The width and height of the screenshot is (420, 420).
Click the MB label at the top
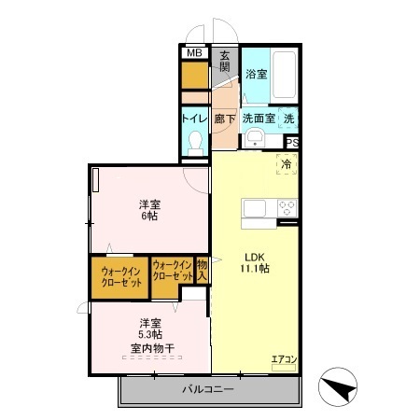(194, 53)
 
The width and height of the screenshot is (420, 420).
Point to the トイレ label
(193, 119)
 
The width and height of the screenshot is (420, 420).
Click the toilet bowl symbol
(195, 142)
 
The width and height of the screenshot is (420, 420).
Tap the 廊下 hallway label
(225, 119)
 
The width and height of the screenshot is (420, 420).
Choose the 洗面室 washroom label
(259, 119)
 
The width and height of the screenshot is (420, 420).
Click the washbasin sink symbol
(254, 141)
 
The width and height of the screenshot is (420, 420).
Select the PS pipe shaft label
(292, 142)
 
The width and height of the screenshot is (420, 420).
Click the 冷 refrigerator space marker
(287, 164)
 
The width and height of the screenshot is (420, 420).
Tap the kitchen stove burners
(286, 208)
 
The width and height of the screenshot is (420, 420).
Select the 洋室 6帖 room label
(149, 210)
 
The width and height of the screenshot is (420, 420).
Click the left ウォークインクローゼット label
(119, 277)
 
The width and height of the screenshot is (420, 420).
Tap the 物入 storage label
(202, 272)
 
